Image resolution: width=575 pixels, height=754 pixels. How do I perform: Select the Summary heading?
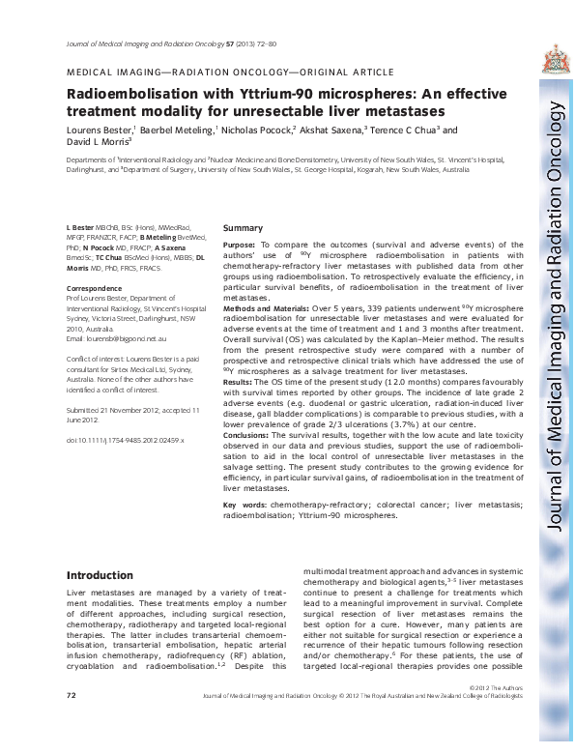pos(243,228)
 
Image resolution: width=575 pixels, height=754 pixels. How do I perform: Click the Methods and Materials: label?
pos(274,306)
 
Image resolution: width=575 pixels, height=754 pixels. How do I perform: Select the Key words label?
pos(245,505)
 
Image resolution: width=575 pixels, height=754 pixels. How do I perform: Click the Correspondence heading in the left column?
pos(95,289)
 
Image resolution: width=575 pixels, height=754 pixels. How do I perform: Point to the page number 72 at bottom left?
pos(71,722)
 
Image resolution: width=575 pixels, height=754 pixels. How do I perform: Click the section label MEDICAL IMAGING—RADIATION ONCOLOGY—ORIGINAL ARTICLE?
pos(229,72)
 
